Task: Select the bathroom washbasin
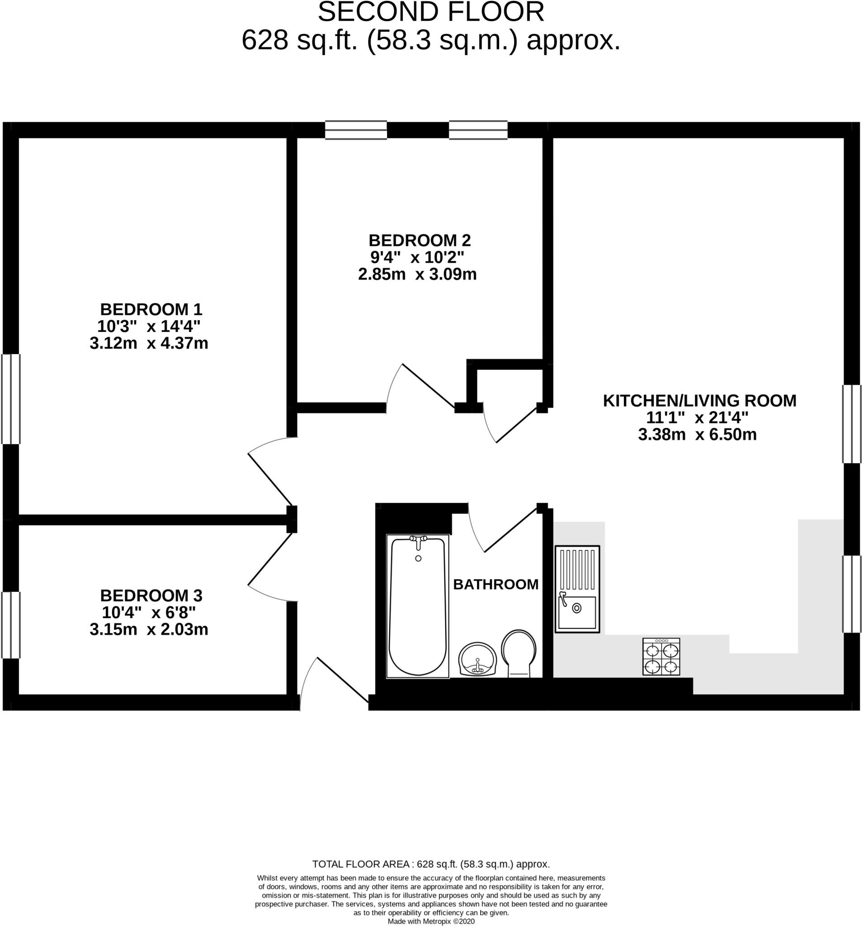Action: (x=478, y=659)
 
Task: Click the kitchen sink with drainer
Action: (x=577, y=589)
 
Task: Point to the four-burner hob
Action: (x=661, y=657)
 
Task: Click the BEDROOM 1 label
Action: (x=151, y=309)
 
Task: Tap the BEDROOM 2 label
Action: (x=419, y=241)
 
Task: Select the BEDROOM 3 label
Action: (x=151, y=595)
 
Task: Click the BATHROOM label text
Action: (x=496, y=584)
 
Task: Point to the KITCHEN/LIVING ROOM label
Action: (x=699, y=401)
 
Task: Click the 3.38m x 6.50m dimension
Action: (x=697, y=435)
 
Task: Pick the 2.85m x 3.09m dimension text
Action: (x=417, y=274)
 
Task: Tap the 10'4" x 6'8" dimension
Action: (x=149, y=612)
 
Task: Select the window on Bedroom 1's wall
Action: (x=11, y=399)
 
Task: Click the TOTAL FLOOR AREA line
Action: (x=431, y=865)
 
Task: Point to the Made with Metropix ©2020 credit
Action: (x=431, y=921)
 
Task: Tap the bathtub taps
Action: (x=418, y=540)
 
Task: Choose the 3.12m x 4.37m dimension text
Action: (x=149, y=343)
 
